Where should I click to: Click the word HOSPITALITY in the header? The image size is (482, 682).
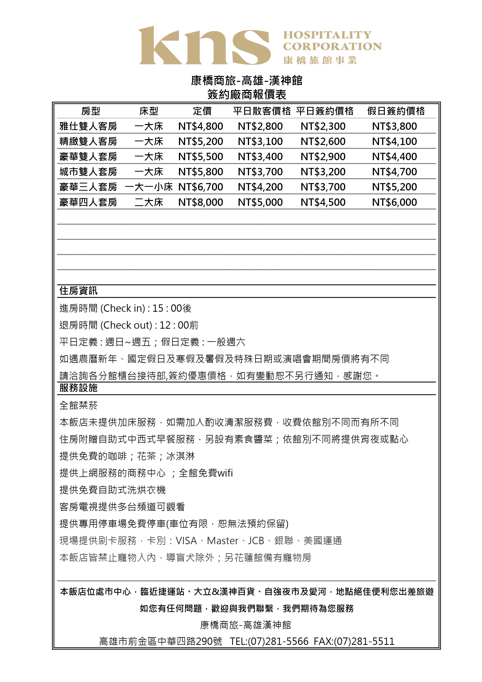coord(327,35)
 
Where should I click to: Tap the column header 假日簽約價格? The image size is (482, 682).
coord(396,111)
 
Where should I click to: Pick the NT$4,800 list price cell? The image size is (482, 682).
coord(200,126)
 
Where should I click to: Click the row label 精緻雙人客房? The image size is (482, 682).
coord(88,141)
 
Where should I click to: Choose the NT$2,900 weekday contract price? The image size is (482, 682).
coord(323,156)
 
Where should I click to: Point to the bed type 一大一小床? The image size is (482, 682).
coord(149,187)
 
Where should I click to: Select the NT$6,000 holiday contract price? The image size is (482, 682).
coord(394,202)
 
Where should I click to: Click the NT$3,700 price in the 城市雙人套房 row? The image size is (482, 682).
coord(260,172)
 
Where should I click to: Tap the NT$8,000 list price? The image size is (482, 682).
coord(200,202)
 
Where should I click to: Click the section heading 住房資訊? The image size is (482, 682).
coord(78,291)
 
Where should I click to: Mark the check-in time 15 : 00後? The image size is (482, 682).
coord(172,308)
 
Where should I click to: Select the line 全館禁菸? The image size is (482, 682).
coord(78,405)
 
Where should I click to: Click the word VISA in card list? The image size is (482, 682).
coord(186,541)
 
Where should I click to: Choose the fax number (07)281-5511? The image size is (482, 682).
coord(364,641)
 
